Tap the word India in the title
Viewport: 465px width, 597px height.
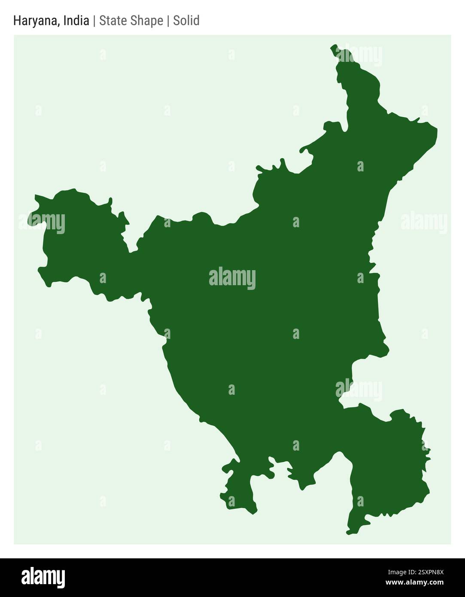[x=76, y=21]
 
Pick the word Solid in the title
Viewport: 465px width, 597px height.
[x=186, y=21]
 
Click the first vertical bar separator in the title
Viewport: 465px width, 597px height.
[x=94, y=21]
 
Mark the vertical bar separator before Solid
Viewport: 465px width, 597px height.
[x=168, y=21]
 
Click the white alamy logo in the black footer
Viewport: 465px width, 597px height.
[x=43, y=578]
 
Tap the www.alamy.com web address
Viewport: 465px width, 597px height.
[x=414, y=583]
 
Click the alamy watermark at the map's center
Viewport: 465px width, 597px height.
[x=232, y=278]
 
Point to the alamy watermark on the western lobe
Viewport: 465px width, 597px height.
[x=42, y=222]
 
